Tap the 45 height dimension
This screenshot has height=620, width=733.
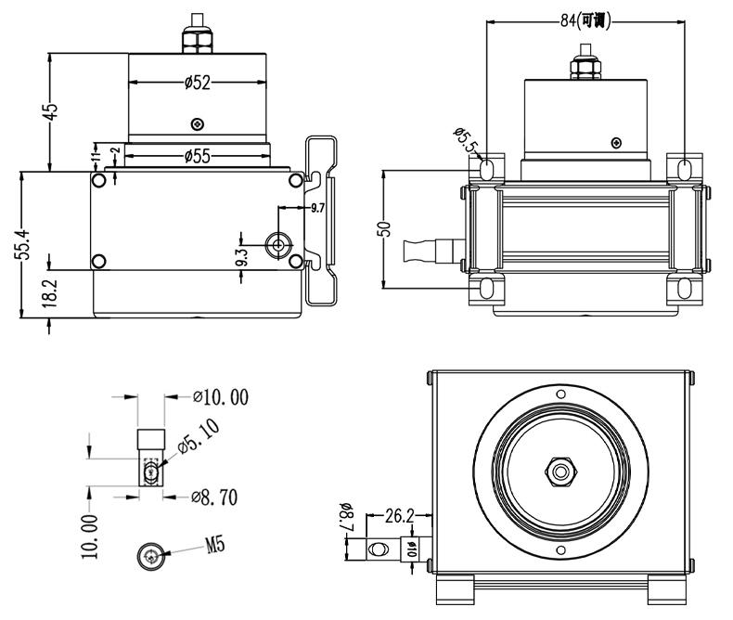(x=53, y=110)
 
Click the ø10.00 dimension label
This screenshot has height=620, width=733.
(x=221, y=398)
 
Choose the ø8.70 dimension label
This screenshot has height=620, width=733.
(x=214, y=497)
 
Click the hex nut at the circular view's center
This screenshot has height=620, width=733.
(x=559, y=471)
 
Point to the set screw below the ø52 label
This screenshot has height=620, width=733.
(x=197, y=123)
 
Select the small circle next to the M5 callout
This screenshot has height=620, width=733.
(x=151, y=556)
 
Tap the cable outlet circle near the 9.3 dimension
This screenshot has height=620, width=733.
(x=277, y=244)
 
